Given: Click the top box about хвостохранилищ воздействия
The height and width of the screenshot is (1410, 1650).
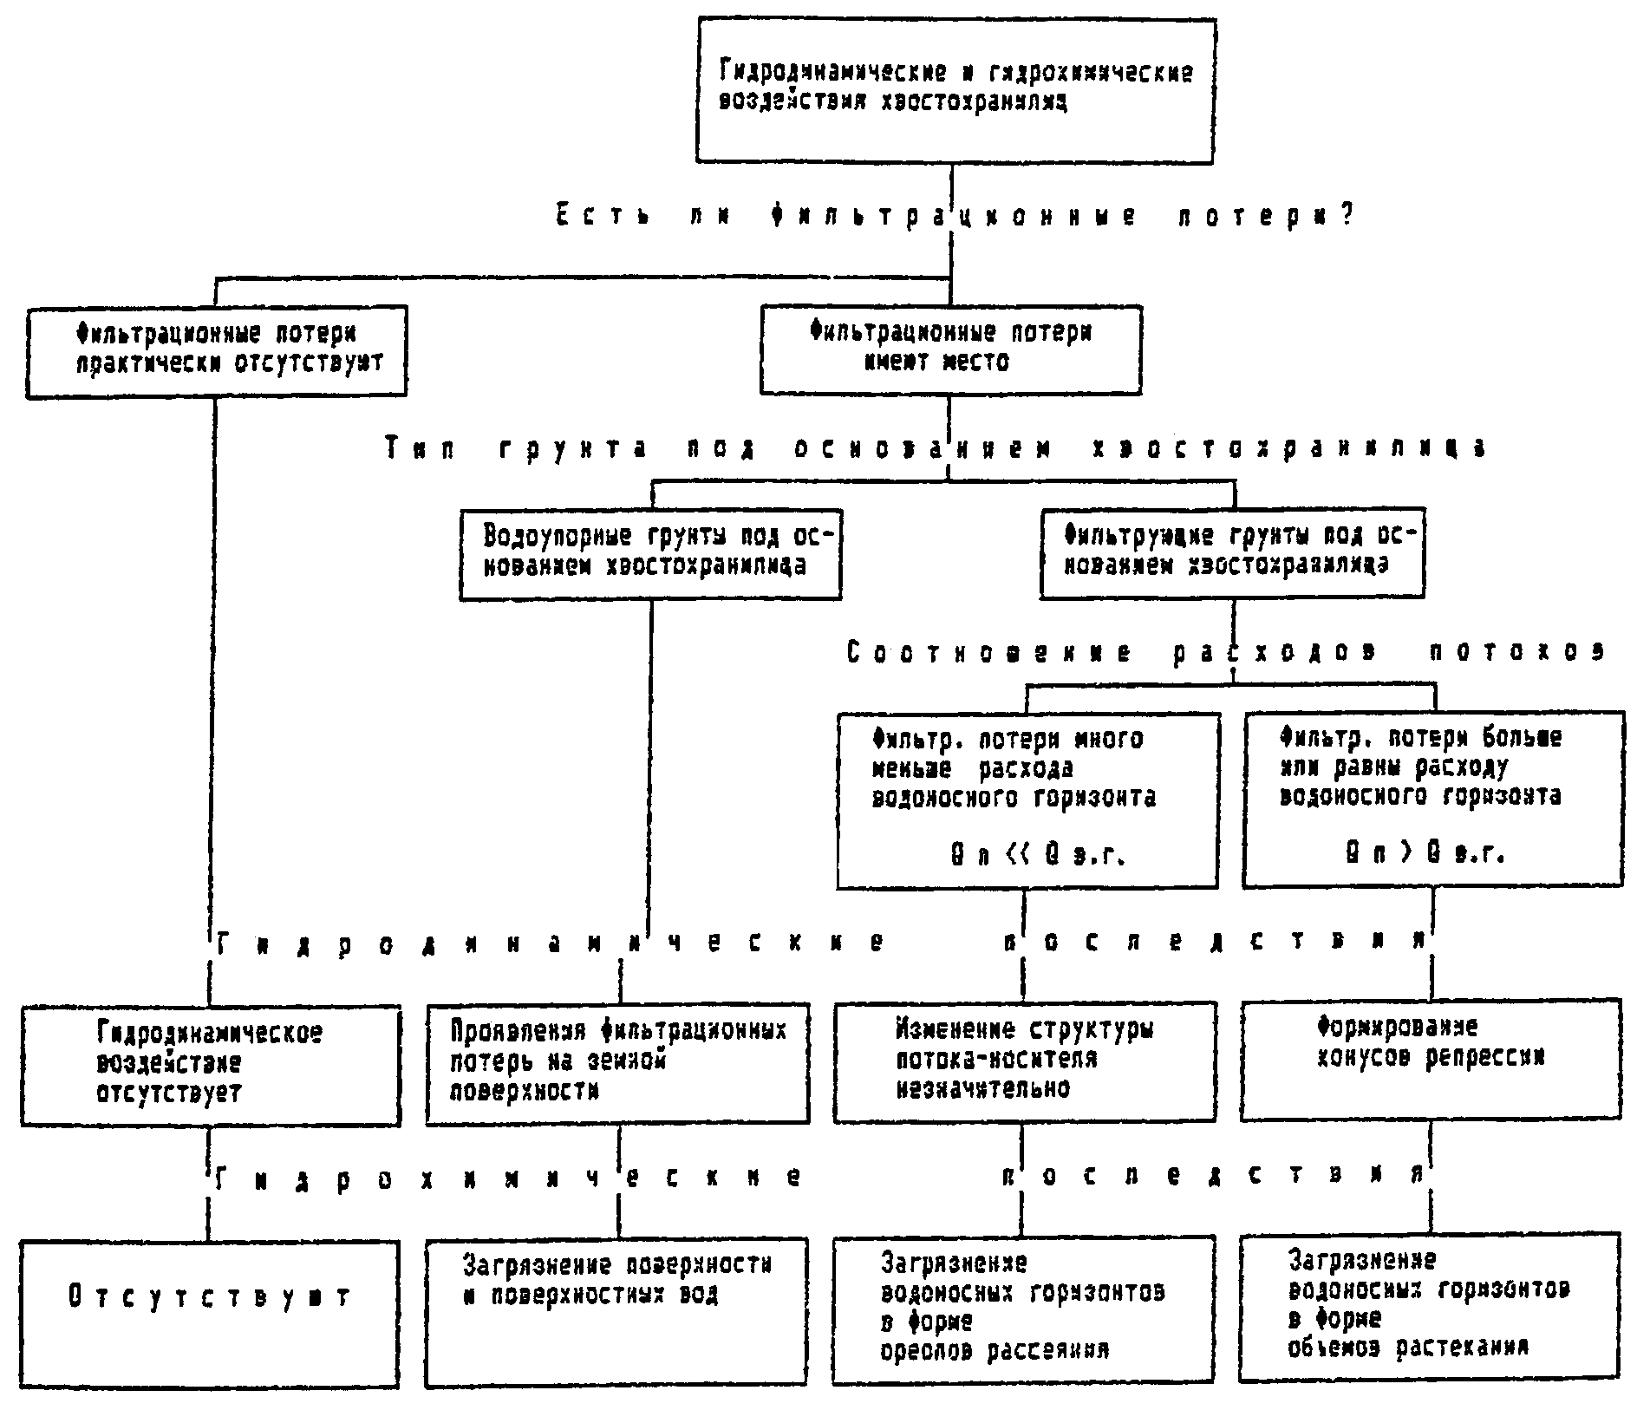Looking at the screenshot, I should pos(955,91).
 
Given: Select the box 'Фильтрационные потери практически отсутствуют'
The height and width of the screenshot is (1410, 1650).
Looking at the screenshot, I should pos(216,350).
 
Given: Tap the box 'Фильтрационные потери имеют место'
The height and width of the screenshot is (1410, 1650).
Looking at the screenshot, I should pos(950,349).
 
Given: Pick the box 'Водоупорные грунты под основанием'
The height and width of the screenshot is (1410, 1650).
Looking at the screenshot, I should pos(650,553).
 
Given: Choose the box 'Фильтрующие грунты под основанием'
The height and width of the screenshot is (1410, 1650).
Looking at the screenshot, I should pos(1231,552).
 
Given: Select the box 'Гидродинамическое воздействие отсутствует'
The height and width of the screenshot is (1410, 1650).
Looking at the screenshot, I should pos(211,1063).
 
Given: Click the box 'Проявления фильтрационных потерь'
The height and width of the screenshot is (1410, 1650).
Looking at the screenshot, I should pos(617,1062).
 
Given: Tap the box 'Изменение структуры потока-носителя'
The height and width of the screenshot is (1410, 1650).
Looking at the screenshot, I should pos(1024,1061).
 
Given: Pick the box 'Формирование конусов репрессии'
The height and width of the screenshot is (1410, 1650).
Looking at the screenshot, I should pos(1431,1059).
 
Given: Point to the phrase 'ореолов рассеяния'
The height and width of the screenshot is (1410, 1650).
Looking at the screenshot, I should pos(995,1351).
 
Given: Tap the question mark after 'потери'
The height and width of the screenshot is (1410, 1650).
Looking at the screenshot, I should pos(1346,215).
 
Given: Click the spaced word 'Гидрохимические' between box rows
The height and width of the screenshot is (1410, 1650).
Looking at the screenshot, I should pos(508,1178).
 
